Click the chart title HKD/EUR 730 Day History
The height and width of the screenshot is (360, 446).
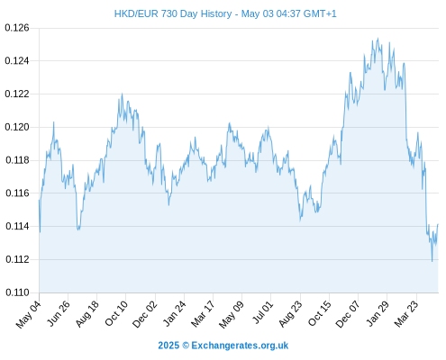tap(173, 13)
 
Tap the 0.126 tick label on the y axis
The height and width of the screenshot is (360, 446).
tap(17, 28)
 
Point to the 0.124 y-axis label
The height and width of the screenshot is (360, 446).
tap(17, 61)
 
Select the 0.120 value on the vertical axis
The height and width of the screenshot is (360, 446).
tap(17, 127)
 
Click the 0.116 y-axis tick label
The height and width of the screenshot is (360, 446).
tap(17, 193)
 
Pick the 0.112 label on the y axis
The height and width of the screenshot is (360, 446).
tap(17, 259)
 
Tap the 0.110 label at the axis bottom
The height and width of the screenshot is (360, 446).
tap(17, 292)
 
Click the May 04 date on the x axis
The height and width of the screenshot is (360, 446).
tap(28, 314)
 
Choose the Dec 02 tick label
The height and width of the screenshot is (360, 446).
tap(145, 314)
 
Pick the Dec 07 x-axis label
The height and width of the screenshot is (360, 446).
tap(348, 314)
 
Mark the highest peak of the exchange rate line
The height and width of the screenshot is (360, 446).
tap(378, 38)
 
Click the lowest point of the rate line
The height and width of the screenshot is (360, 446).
tap(432, 262)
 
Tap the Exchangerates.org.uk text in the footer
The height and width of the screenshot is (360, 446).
tap(240, 346)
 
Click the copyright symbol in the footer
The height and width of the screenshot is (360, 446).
tap(186, 346)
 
